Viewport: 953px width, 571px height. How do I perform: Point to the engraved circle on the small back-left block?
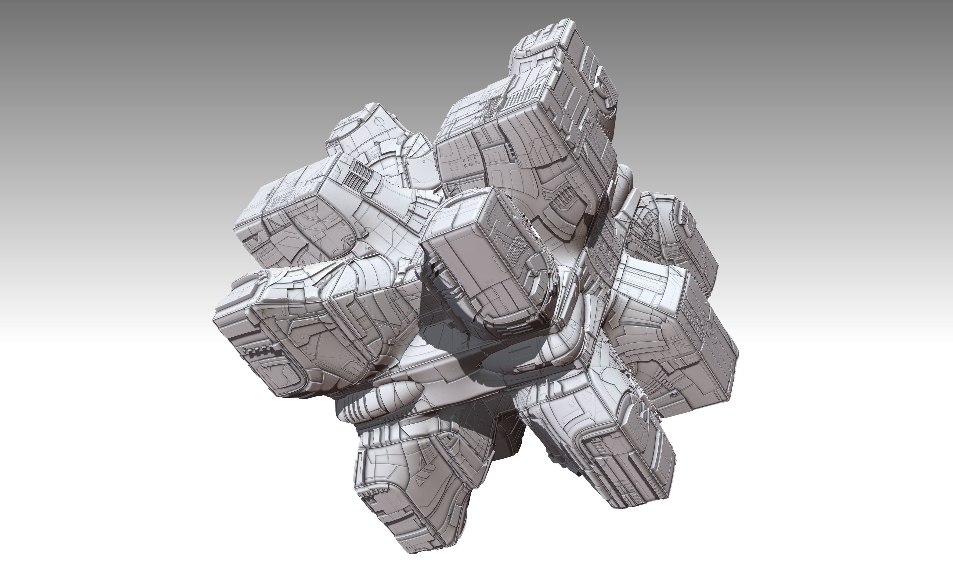coord(379,122)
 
